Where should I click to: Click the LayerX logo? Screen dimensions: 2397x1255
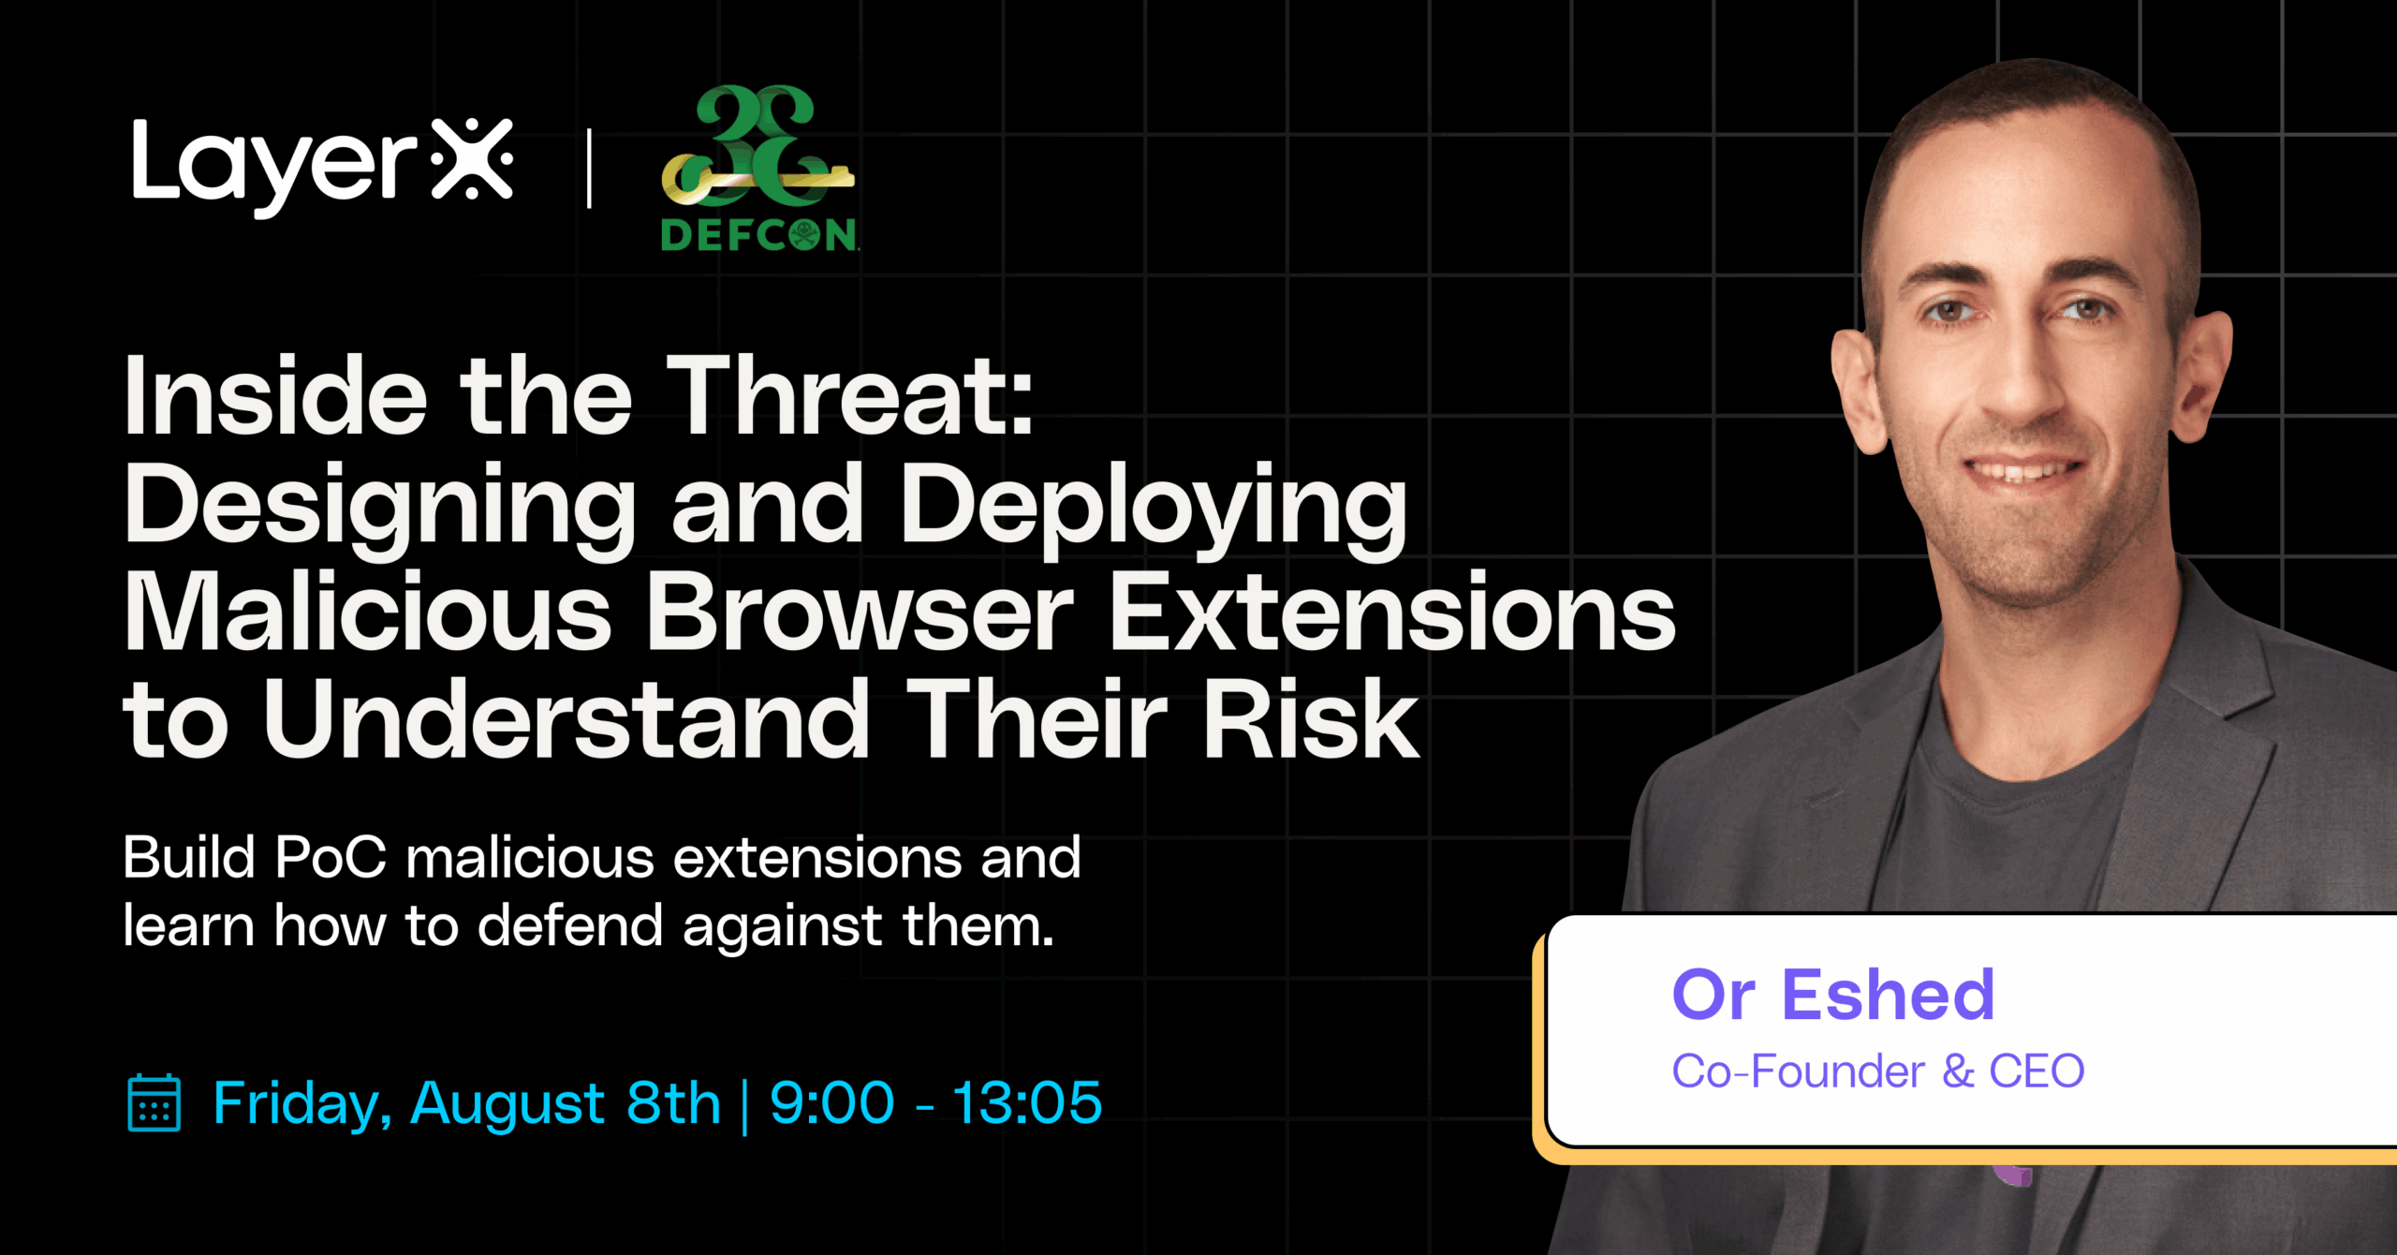[323, 167]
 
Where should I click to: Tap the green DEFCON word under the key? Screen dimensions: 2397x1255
[759, 234]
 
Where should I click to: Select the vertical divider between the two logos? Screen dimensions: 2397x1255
[589, 169]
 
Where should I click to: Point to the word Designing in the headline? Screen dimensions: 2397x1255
[380, 511]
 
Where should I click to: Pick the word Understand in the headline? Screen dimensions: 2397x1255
[566, 718]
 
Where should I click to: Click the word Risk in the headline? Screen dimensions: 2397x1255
[1311, 718]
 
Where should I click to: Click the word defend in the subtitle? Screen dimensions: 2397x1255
[571, 925]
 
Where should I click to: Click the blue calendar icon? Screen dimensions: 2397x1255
[154, 1102]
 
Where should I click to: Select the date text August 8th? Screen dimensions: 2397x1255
[566, 1104]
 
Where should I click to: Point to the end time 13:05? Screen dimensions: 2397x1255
[1027, 1102]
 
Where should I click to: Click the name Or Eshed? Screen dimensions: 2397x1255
[1833, 995]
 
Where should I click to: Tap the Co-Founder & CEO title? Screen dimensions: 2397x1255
[1878, 1071]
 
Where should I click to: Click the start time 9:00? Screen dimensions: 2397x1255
[831, 1102]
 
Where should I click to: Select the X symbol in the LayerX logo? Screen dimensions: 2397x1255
[473, 159]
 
